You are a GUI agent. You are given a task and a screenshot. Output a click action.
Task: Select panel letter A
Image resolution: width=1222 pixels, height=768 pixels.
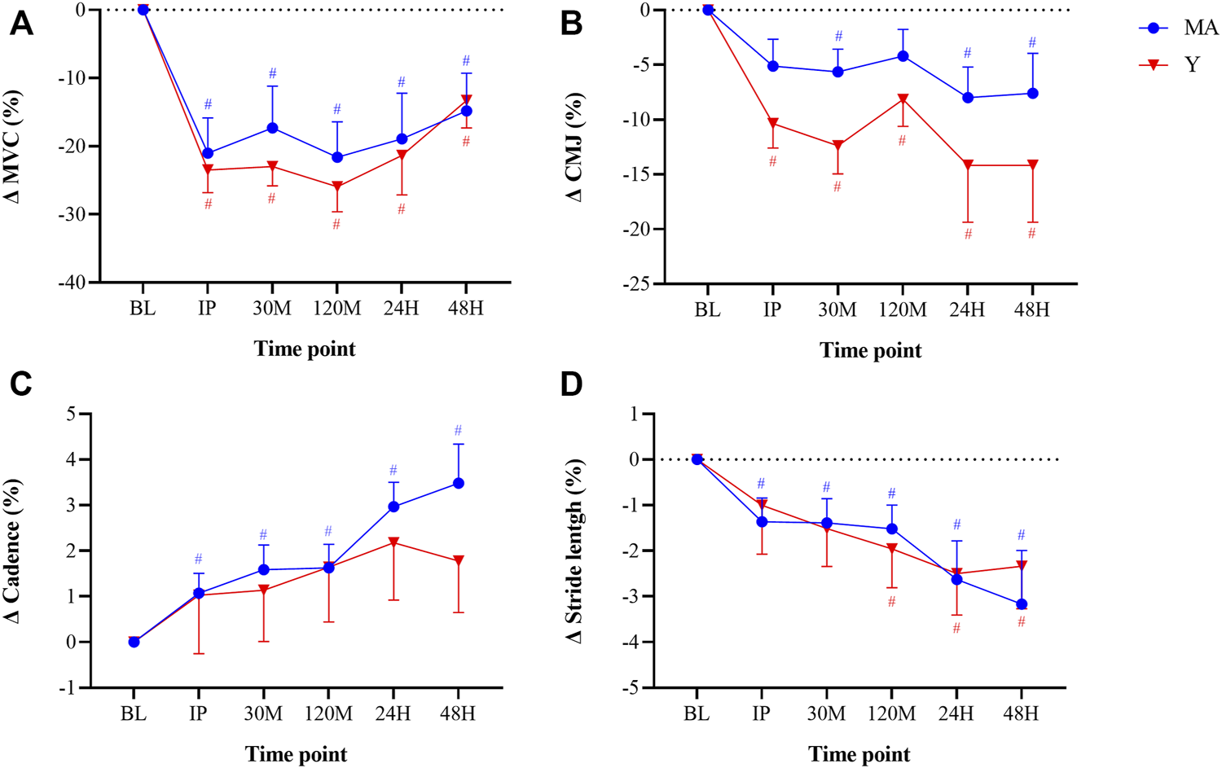[x=21, y=24]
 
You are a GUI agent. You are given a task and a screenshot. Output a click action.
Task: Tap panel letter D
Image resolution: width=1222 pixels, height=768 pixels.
[x=572, y=384]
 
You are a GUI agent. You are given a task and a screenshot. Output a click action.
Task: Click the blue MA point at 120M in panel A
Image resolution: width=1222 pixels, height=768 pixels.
[x=337, y=157]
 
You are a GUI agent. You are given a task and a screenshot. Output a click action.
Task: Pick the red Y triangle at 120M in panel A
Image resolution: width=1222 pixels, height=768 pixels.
[x=337, y=187]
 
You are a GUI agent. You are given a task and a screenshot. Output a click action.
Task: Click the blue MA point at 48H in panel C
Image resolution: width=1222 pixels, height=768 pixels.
[x=458, y=483]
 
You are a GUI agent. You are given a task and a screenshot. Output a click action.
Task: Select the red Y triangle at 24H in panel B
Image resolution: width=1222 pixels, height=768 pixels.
[x=968, y=165]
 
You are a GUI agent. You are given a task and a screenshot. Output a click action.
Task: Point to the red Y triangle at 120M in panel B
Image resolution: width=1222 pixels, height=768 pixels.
[x=903, y=99]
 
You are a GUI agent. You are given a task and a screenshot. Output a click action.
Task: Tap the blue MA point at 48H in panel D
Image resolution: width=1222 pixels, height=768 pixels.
[x=1022, y=604]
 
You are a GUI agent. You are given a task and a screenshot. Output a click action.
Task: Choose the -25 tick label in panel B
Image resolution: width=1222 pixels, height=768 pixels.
[x=636, y=283]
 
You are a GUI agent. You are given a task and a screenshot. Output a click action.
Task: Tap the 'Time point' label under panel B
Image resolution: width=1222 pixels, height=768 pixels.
[x=870, y=350]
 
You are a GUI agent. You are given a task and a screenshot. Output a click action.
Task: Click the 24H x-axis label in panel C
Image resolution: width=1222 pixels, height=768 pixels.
[x=393, y=714]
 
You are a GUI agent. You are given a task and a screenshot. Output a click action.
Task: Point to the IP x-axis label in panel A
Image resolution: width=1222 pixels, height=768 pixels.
[x=208, y=309]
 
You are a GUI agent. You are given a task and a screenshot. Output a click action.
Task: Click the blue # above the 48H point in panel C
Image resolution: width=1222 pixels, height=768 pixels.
[x=458, y=431]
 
